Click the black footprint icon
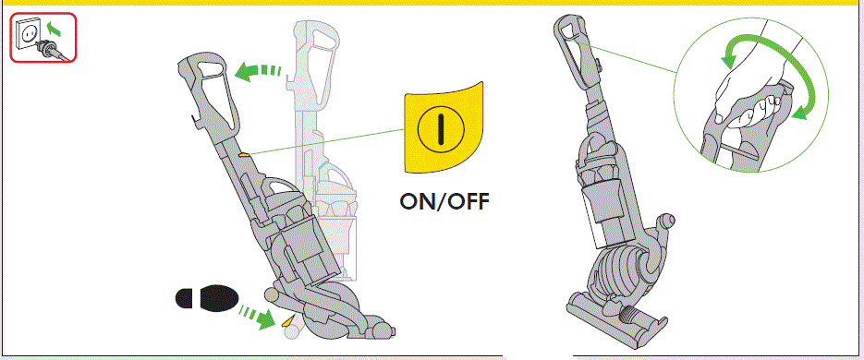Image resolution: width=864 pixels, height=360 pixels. click(204, 299)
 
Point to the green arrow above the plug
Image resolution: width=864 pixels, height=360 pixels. click(55, 31)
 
